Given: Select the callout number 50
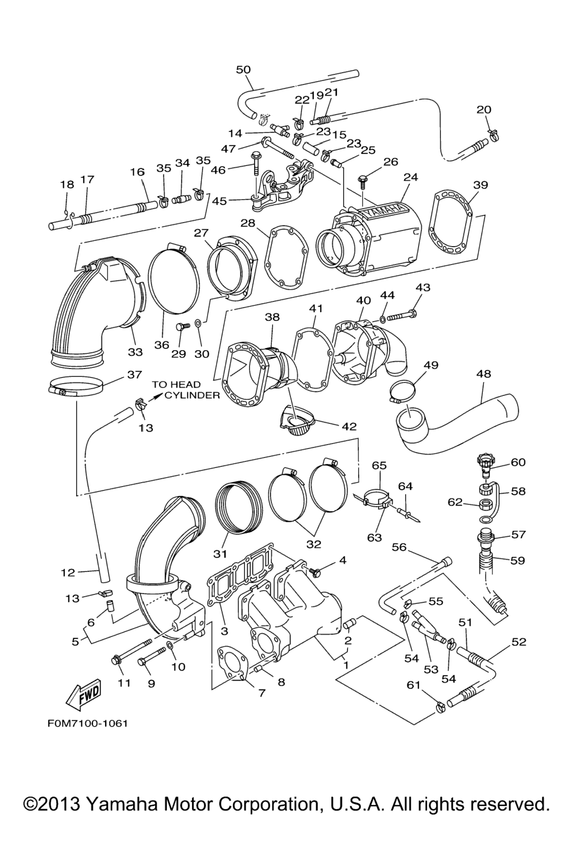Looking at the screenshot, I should pos(243,69).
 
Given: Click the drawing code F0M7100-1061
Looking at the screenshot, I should pos(83,723).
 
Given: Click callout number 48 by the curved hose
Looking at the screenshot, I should pos(483,374).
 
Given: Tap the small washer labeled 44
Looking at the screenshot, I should pos(382,319).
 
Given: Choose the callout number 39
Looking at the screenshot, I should pos(480,185).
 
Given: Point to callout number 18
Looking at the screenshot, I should pos(67,185).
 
